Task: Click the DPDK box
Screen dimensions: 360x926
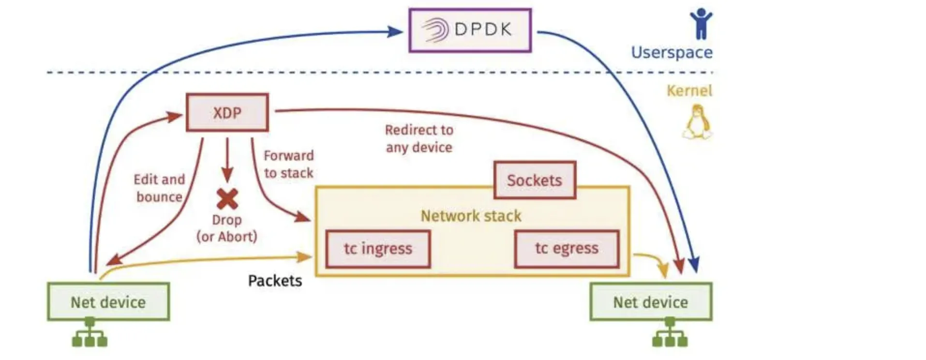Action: (470, 30)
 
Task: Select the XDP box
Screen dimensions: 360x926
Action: (227, 113)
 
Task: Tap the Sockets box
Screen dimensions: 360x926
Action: (535, 180)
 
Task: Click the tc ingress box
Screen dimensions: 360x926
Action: (378, 249)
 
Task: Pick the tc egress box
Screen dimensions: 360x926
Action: (567, 249)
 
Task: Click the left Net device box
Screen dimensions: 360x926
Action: (108, 302)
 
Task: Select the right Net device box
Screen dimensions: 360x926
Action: (651, 302)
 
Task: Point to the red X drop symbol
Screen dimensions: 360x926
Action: (227, 198)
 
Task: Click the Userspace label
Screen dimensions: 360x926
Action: (672, 52)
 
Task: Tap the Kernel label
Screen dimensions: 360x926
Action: (689, 90)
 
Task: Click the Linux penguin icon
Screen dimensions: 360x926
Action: (697, 123)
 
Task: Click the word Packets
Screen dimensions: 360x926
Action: (275, 281)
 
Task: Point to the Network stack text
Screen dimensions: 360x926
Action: (471, 216)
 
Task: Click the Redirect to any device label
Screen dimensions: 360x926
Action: (419, 138)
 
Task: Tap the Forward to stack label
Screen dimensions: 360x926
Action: (289, 164)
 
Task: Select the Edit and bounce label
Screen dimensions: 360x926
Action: (159, 188)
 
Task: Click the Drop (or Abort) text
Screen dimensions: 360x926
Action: (226, 228)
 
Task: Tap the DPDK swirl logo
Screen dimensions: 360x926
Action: (434, 30)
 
